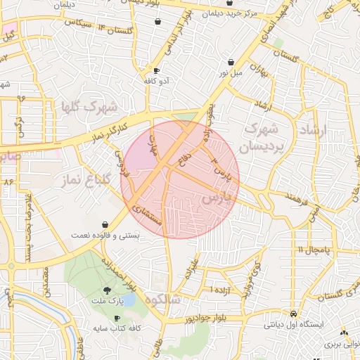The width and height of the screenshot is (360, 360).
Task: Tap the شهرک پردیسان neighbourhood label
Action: [x=259, y=138]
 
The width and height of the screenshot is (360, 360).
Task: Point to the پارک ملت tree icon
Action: [x=107, y=290]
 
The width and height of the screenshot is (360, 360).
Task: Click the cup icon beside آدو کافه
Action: [x=156, y=71]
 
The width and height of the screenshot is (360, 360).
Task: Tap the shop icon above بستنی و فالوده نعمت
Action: [x=105, y=224]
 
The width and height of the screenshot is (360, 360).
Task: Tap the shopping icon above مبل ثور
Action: [x=229, y=61]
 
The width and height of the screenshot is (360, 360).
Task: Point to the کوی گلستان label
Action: [x=337, y=292]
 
